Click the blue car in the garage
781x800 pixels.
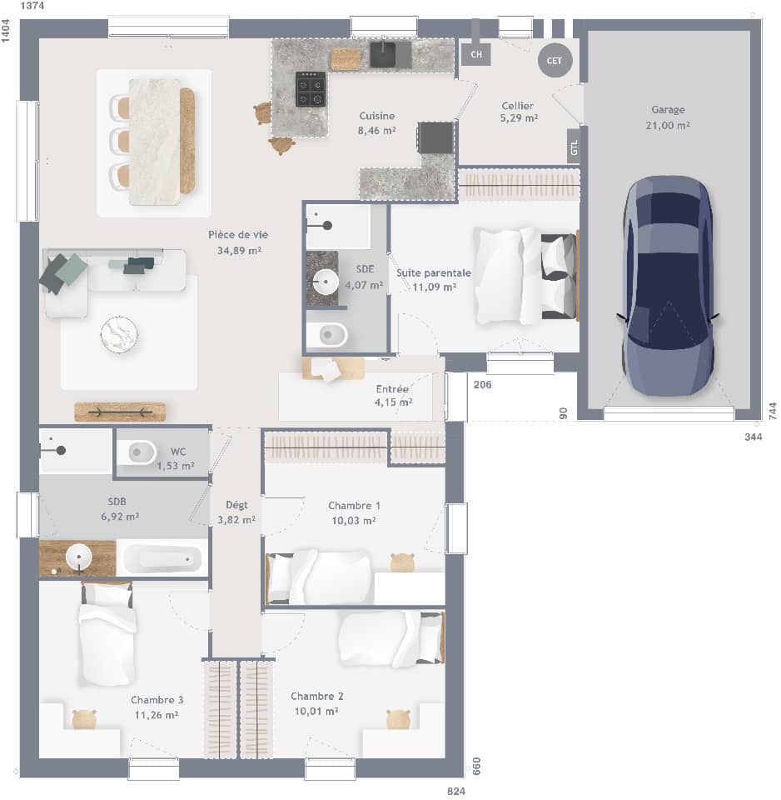coord(668,285)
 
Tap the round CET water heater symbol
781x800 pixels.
coord(555,60)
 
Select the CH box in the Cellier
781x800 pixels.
coord(476,55)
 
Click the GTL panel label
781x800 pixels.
coord(573,148)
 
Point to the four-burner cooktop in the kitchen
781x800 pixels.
coord(311,89)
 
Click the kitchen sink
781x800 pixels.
coord(383,55)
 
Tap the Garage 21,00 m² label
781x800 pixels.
coord(668,117)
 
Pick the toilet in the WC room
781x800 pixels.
coord(142,452)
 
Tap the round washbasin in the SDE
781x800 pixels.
coord(322,278)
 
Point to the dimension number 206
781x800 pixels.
coord(482,385)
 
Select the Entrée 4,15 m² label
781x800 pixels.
coord(394,395)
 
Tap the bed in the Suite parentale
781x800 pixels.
coord(525,275)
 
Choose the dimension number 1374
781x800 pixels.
coord(32,6)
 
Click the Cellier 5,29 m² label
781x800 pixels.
coord(518,112)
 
